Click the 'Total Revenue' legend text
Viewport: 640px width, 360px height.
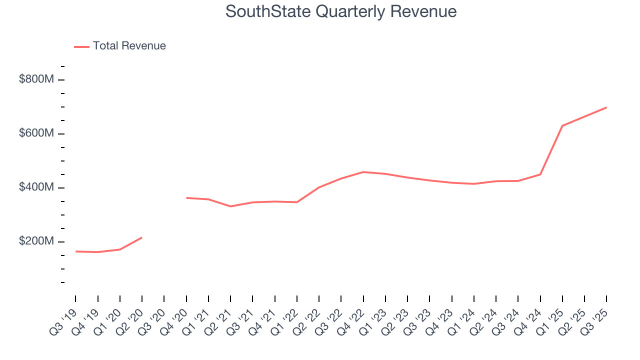129,46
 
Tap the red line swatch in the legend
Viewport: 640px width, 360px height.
81,46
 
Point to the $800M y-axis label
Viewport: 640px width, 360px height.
36,79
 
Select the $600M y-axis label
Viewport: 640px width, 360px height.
36,133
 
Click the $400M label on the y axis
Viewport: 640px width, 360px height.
36,187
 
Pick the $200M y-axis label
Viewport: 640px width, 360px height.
36,241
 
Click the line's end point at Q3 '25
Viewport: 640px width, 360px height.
606,107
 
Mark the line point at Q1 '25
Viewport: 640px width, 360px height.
562,125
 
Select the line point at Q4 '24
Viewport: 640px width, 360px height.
540,174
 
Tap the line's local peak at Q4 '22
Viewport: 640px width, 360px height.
363,172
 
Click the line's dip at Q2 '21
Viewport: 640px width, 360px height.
230,206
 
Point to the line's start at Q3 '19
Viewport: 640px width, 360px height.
76,251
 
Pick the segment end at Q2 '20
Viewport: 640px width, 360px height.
142,237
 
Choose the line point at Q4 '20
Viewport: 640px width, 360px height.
186,198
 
